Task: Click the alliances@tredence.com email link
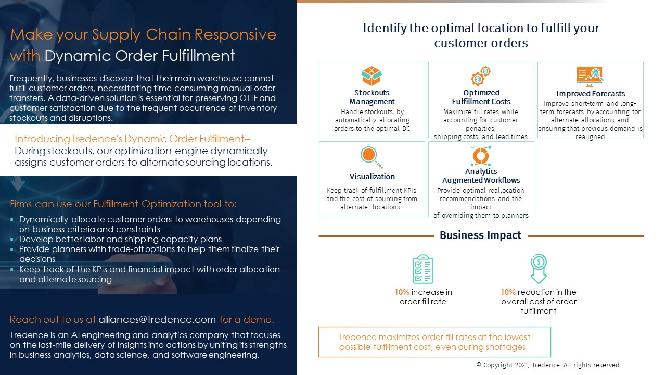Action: (157, 319)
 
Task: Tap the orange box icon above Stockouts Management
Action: (372, 76)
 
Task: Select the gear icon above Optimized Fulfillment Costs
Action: (480, 76)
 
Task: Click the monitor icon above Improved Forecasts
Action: (590, 77)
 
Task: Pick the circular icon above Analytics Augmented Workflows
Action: (481, 156)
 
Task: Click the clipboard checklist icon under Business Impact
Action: (423, 269)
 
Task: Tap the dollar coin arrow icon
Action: (539, 268)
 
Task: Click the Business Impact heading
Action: (480, 235)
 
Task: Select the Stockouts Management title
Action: (372, 97)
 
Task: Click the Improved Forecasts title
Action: (591, 94)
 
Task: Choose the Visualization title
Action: (372, 177)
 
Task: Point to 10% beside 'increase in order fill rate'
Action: (402, 292)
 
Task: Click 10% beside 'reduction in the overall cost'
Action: (508, 292)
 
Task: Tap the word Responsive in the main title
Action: (235, 34)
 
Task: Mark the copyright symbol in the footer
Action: (479, 364)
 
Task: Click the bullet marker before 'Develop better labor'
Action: (12, 239)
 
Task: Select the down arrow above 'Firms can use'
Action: (18, 184)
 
